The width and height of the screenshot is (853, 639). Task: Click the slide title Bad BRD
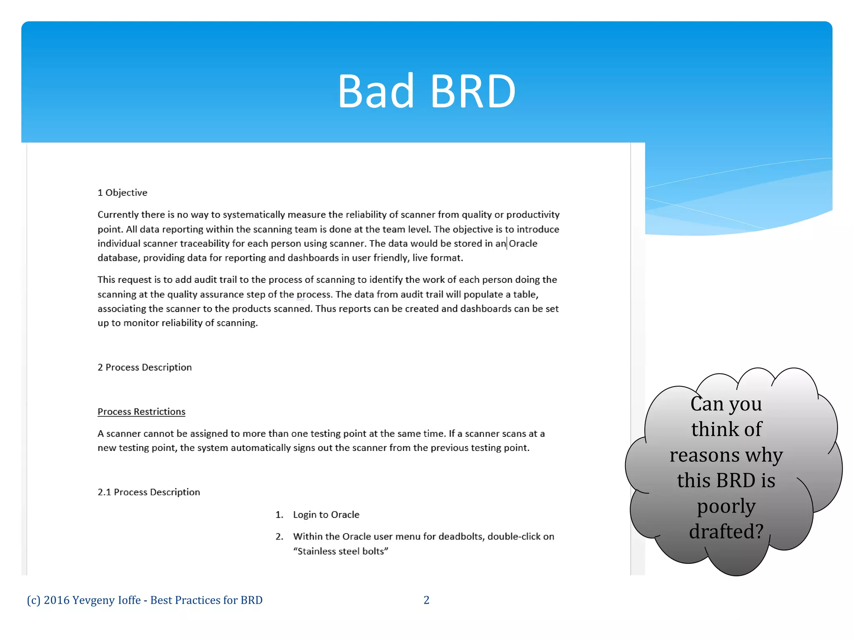(426, 91)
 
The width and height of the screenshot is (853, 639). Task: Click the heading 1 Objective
(122, 193)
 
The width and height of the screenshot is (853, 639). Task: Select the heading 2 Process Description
(145, 367)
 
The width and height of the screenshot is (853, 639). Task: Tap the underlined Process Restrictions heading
(141, 411)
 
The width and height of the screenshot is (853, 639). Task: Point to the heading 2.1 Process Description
(149, 492)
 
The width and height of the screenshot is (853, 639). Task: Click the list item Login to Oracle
(326, 515)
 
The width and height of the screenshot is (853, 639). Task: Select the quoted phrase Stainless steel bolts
(341, 551)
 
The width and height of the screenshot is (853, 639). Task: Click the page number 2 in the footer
(426, 600)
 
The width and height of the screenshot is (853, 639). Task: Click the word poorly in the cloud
(726, 506)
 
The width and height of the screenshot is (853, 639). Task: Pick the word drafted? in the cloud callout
(726, 532)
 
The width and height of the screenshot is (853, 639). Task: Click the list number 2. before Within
(279, 537)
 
